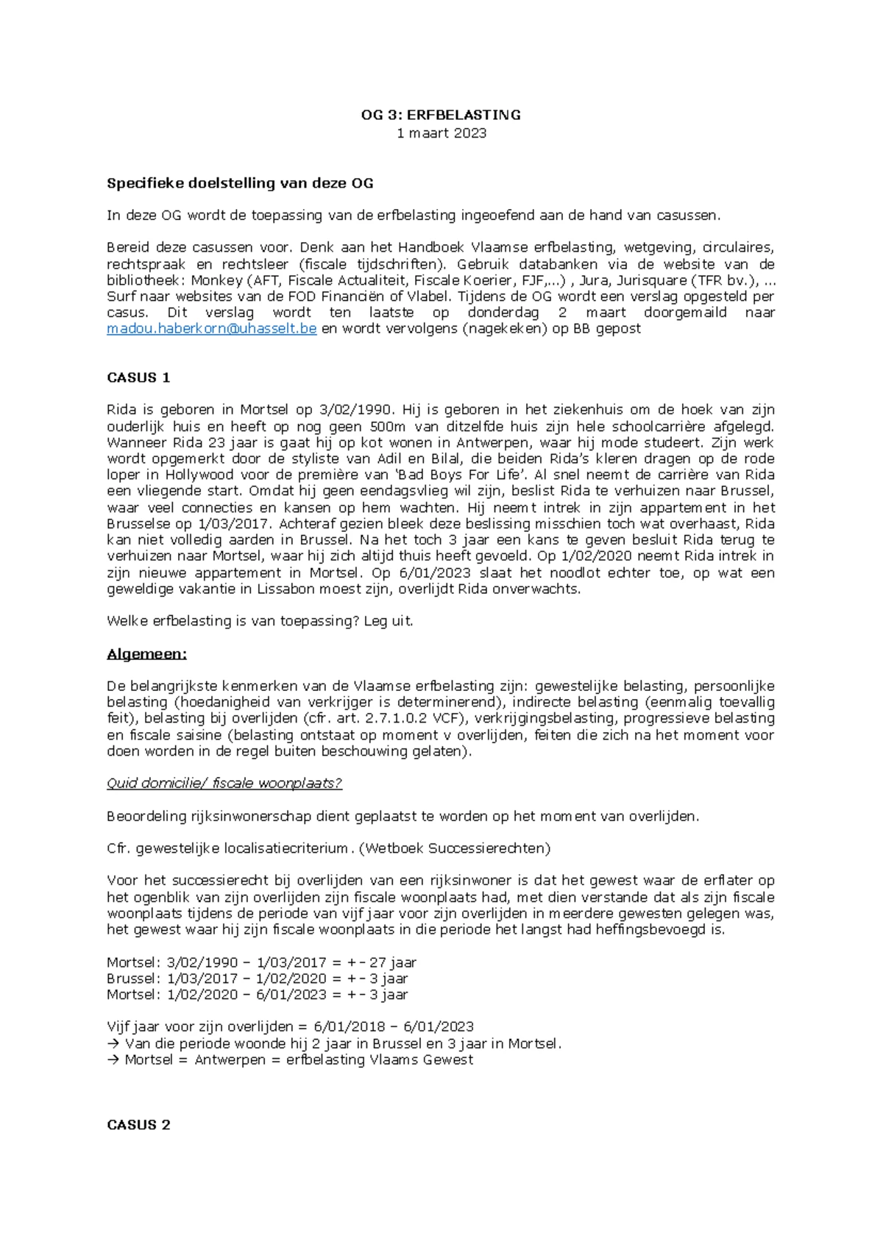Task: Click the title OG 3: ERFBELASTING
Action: coord(441,115)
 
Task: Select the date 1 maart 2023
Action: coord(441,133)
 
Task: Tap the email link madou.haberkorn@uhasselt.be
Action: coord(211,329)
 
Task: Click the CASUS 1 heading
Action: coord(138,377)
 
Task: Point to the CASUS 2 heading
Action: coord(138,1124)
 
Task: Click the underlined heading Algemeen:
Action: coord(147,654)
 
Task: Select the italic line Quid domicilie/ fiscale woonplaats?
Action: coord(224,783)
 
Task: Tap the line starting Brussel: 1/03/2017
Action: coord(258,979)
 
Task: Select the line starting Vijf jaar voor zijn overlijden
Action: coord(290,1027)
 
